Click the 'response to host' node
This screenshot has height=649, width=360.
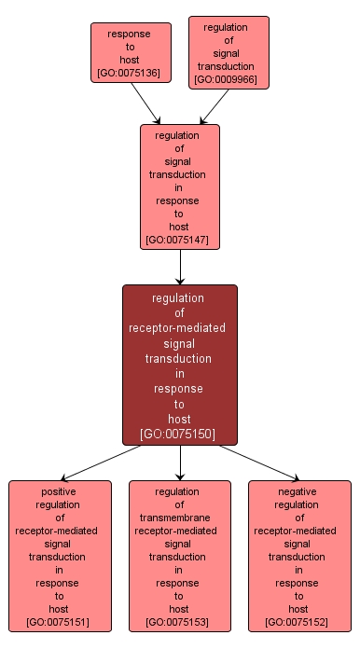tap(131, 52)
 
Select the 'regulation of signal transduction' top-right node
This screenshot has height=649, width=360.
tap(228, 51)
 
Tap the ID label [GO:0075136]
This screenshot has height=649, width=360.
tap(131, 72)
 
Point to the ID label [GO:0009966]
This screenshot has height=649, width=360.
tap(228, 80)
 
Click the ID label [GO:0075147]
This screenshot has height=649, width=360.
tap(180, 241)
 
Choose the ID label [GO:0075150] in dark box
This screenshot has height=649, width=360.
tap(180, 434)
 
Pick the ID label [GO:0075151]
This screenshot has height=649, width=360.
tap(60, 621)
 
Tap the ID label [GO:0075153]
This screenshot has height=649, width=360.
tap(180, 621)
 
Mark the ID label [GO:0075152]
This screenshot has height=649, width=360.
tap(299, 621)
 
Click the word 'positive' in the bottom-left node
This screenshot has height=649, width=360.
tap(60, 491)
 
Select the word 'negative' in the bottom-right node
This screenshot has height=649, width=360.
tap(299, 491)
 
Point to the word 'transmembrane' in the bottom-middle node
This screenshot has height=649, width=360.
tap(180, 518)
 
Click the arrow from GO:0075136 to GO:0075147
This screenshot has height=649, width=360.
tap(145, 103)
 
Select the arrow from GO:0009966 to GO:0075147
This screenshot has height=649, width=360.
tap(214, 105)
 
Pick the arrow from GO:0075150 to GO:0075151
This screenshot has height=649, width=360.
tap(103, 463)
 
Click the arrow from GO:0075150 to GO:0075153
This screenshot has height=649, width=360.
tap(180, 463)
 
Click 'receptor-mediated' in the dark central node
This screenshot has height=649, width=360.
tap(180, 328)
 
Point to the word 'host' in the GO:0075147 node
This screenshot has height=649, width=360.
tap(180, 227)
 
